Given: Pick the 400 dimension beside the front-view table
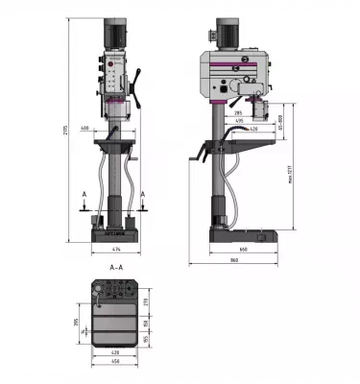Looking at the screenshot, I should tap(84, 127).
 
